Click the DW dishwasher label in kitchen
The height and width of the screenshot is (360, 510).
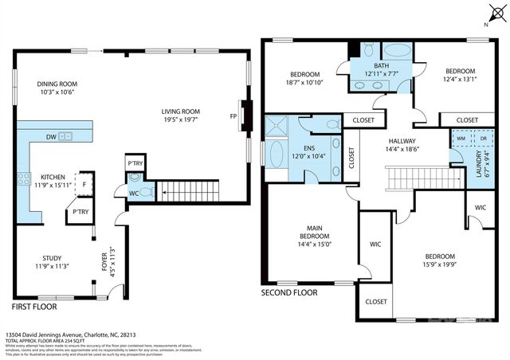[x=50, y=137]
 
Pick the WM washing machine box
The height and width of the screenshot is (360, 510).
[x=461, y=138]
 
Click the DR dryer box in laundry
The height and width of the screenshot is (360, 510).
[x=481, y=138]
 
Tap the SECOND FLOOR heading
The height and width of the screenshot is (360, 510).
[x=289, y=292]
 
